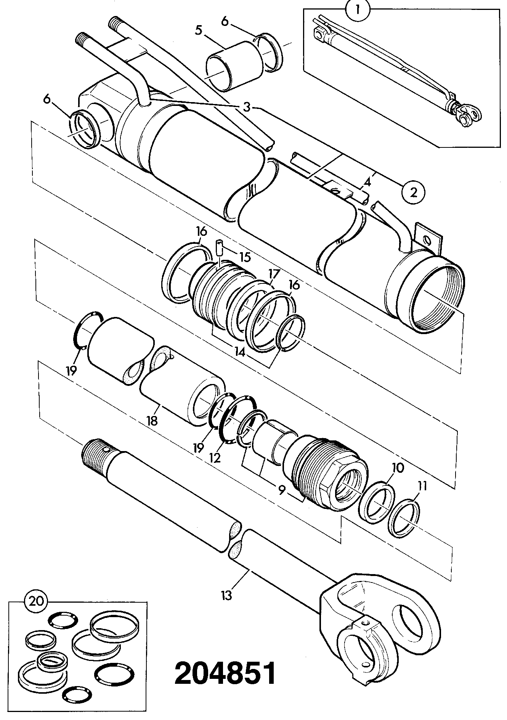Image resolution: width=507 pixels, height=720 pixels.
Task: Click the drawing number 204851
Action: (x=225, y=674)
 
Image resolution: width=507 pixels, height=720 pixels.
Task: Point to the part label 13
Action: (x=226, y=595)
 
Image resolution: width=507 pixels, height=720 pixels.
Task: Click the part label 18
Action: (x=152, y=421)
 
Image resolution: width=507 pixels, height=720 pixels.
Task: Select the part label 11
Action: (x=422, y=486)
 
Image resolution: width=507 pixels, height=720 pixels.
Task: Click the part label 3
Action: (x=247, y=107)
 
